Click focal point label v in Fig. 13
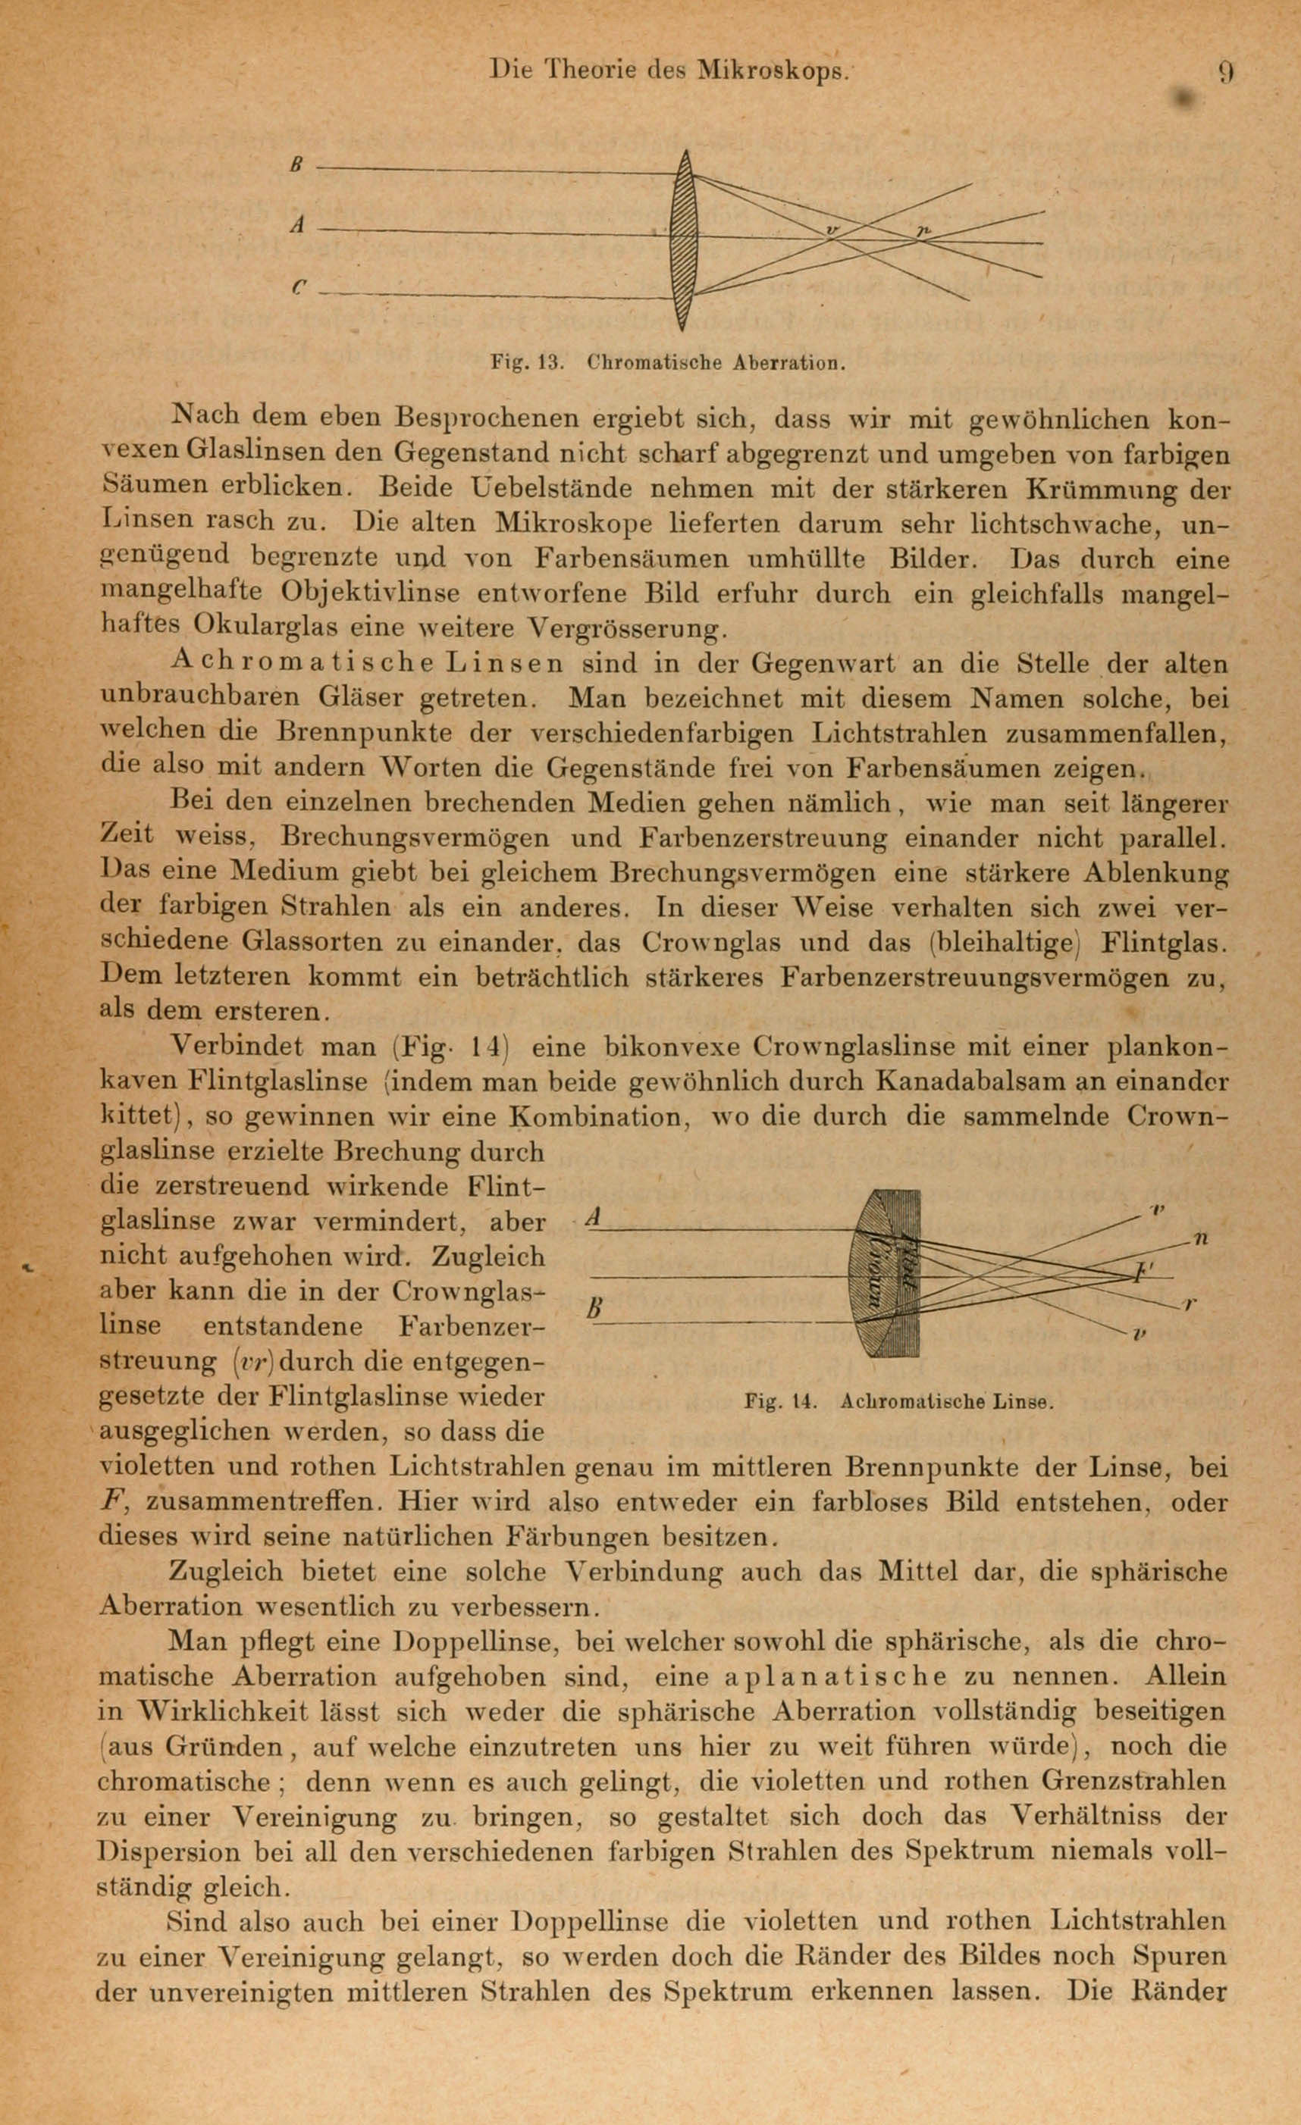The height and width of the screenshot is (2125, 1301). click(832, 230)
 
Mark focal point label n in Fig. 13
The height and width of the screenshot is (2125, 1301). click(922, 230)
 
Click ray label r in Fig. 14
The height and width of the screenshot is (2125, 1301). click(1188, 1305)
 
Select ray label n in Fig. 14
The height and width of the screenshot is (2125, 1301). click(1200, 1239)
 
